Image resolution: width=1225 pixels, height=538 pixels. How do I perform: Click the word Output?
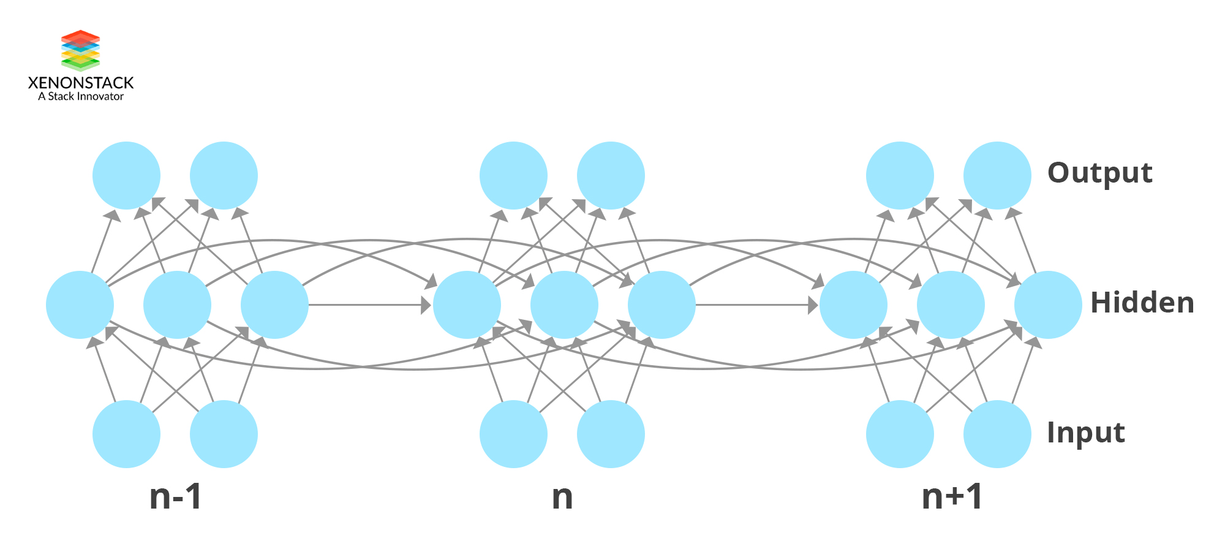[x=1099, y=173]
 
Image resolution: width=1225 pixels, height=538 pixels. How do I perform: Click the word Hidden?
[x=1142, y=303]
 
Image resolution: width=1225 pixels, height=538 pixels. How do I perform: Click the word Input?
[x=1085, y=433]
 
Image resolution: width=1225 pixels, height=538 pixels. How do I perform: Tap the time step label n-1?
[x=175, y=497]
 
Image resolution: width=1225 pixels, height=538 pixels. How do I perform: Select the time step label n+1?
[x=952, y=497]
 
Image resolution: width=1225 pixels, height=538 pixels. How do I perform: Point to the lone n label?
[x=562, y=497]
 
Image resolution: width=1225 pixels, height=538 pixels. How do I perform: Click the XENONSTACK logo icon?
[x=80, y=50]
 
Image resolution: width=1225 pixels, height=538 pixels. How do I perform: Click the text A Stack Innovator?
[x=80, y=97]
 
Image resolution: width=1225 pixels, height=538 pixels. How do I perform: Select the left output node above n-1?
[x=126, y=176]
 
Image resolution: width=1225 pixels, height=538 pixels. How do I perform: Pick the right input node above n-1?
[x=224, y=434]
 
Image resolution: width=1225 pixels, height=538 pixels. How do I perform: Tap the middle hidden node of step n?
[x=564, y=305]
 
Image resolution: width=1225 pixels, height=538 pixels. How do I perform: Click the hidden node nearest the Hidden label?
[x=1048, y=305]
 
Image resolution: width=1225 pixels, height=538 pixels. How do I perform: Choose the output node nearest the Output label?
[x=997, y=176]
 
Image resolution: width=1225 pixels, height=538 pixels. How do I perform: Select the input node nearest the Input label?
[x=997, y=434]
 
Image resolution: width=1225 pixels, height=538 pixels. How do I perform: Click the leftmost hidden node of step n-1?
[x=80, y=305]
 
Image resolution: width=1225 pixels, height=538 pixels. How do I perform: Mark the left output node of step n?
[x=513, y=176]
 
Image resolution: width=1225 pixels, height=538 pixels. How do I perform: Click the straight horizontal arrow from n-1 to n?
[x=367, y=305]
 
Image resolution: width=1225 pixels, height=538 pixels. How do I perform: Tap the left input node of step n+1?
[x=900, y=434]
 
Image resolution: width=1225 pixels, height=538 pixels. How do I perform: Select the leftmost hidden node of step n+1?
[x=853, y=305]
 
